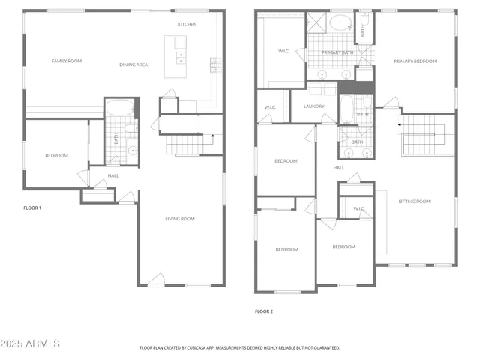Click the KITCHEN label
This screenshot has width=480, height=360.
click(187, 25)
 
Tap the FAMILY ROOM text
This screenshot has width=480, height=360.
click(66, 61)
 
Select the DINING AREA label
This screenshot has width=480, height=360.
click(133, 64)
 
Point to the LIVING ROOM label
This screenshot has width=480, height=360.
click(180, 219)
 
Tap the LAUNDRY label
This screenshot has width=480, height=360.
click(313, 106)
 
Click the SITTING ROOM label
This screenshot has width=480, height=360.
click(414, 202)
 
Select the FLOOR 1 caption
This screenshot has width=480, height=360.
click(32, 208)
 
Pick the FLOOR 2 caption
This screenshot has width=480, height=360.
click(263, 310)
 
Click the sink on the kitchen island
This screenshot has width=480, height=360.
click(181, 56)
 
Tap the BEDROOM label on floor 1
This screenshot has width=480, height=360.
click(56, 156)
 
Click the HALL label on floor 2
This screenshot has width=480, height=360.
click(339, 168)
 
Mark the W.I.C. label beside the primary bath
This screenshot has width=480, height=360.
click(284, 52)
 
